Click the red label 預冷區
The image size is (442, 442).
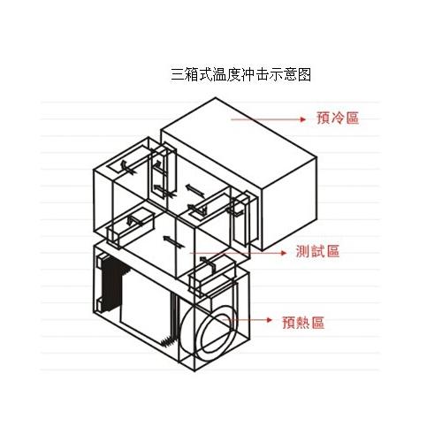(338, 118)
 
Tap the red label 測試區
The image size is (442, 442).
(317, 252)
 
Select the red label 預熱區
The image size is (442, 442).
(303, 323)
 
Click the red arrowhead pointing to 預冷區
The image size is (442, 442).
(302, 119)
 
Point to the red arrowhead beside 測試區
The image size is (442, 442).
(284, 253)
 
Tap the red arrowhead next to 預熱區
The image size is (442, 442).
(269, 320)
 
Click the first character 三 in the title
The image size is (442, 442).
(178, 74)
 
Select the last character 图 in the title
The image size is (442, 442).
(304, 74)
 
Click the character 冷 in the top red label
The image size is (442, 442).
(338, 118)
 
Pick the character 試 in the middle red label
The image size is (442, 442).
(317, 252)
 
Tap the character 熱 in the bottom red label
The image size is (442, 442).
(303, 323)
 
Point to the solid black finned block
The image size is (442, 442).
(111, 284)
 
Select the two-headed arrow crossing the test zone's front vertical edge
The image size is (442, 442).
(174, 241)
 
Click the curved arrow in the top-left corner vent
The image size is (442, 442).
(126, 168)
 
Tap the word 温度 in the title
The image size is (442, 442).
(226, 74)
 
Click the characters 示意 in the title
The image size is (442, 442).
(283, 74)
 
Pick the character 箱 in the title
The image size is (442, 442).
(192, 74)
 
